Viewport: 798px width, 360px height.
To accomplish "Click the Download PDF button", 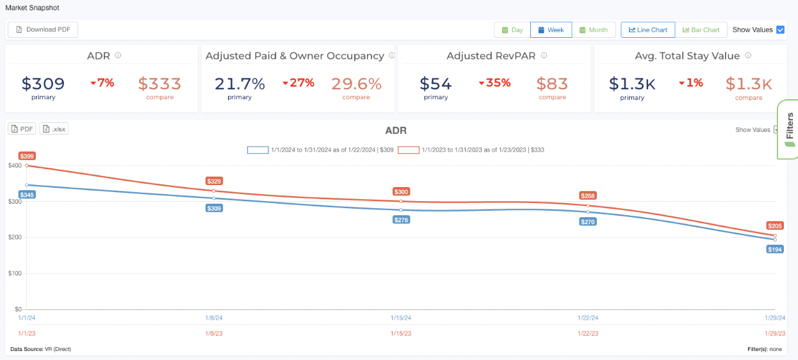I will tap(43, 29).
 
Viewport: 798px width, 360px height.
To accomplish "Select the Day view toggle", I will tap(512, 30).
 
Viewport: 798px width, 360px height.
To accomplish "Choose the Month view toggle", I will tap(593, 30).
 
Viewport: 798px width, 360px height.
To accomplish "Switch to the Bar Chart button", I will tap(701, 30).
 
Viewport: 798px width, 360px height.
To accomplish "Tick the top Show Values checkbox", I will tap(780, 30).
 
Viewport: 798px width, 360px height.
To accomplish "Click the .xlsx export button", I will tap(54, 129).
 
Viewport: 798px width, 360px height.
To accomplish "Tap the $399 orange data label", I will tap(27, 156).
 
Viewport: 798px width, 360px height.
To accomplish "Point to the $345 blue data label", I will tap(27, 195).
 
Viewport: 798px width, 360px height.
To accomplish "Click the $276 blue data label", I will tap(402, 220).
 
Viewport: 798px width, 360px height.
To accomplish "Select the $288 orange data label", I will tap(587, 195).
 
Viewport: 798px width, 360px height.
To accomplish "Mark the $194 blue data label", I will tap(774, 249).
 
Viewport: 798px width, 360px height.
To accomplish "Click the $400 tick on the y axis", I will tap(15, 165).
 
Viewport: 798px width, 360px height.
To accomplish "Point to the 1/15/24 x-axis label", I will tap(401, 318).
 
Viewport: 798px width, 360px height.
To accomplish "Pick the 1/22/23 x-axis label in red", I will tap(587, 333).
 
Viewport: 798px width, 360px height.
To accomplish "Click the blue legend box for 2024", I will tap(257, 150).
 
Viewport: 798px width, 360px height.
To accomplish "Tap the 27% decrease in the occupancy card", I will tap(298, 83).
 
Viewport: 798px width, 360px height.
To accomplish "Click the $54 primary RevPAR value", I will tap(436, 84).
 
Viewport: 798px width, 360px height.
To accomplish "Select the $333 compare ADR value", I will tap(159, 84).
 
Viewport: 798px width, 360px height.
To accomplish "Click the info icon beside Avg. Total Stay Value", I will tap(748, 56).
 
